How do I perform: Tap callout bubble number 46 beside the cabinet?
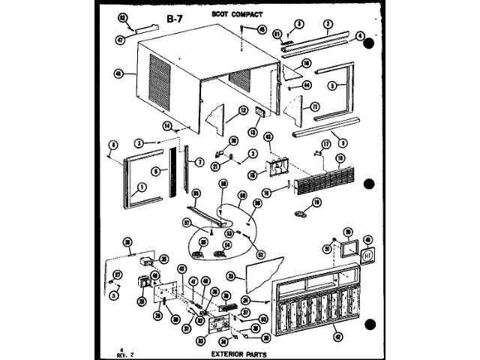118,73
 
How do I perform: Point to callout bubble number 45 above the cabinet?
262,30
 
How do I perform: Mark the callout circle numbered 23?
231,276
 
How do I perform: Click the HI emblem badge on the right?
368,255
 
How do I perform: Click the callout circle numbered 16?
339,158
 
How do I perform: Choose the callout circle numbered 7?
200,163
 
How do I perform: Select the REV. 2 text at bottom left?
125,352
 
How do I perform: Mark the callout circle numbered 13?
252,133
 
